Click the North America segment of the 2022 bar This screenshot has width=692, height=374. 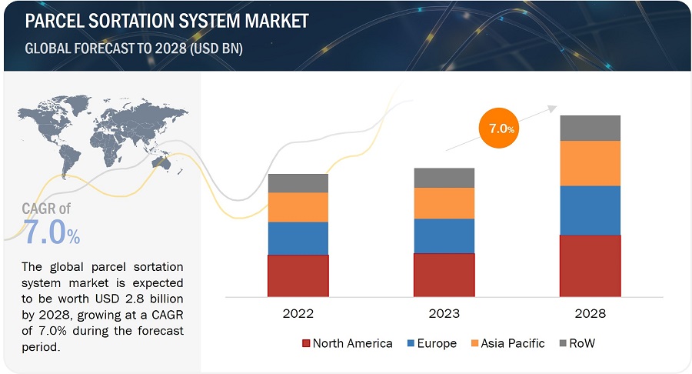tap(298, 275)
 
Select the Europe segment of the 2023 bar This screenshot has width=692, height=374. tap(444, 235)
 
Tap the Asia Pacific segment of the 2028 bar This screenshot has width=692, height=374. tap(590, 163)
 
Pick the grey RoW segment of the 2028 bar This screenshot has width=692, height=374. tap(590, 128)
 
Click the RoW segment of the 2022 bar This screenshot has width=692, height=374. tap(298, 183)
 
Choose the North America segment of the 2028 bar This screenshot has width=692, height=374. tap(590, 265)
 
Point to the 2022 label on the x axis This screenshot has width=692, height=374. tap(298, 313)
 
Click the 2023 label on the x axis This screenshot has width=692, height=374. tap(444, 313)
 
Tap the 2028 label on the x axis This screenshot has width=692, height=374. tap(590, 313)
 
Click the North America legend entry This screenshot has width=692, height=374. tap(347, 343)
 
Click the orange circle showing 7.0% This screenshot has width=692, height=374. tap(497, 129)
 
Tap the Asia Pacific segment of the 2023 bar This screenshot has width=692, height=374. tap(444, 203)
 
